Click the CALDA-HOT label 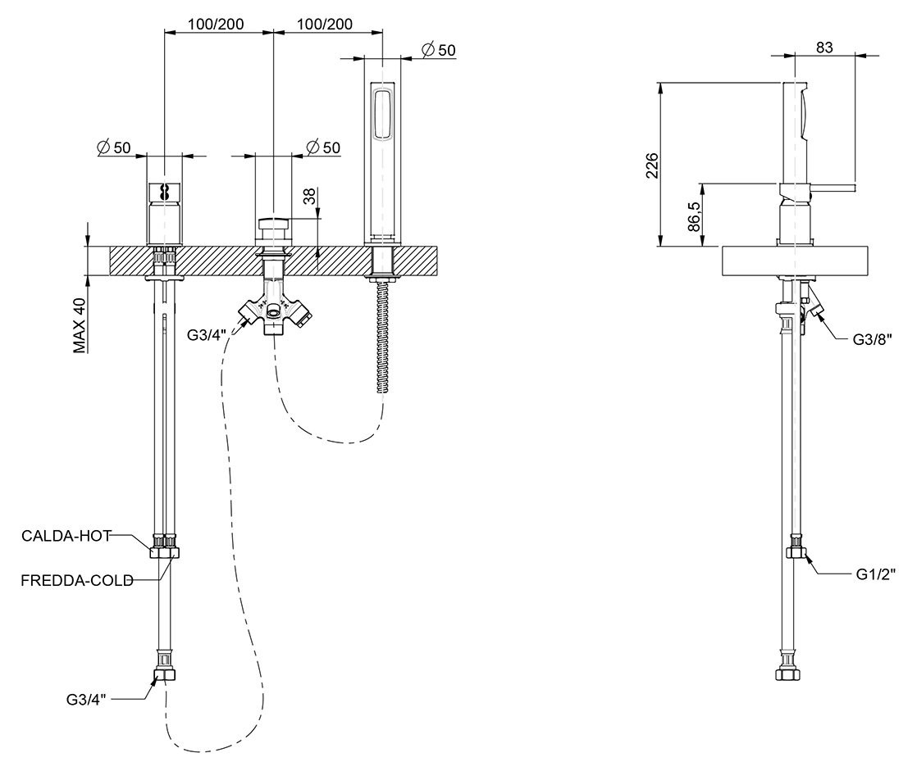click(x=66, y=536)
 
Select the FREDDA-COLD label click(x=77, y=581)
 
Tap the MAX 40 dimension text click(x=80, y=326)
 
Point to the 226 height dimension click(x=652, y=166)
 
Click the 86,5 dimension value click(x=694, y=216)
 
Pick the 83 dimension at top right click(x=824, y=48)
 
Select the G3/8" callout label click(x=872, y=340)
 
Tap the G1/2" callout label click(x=875, y=574)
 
